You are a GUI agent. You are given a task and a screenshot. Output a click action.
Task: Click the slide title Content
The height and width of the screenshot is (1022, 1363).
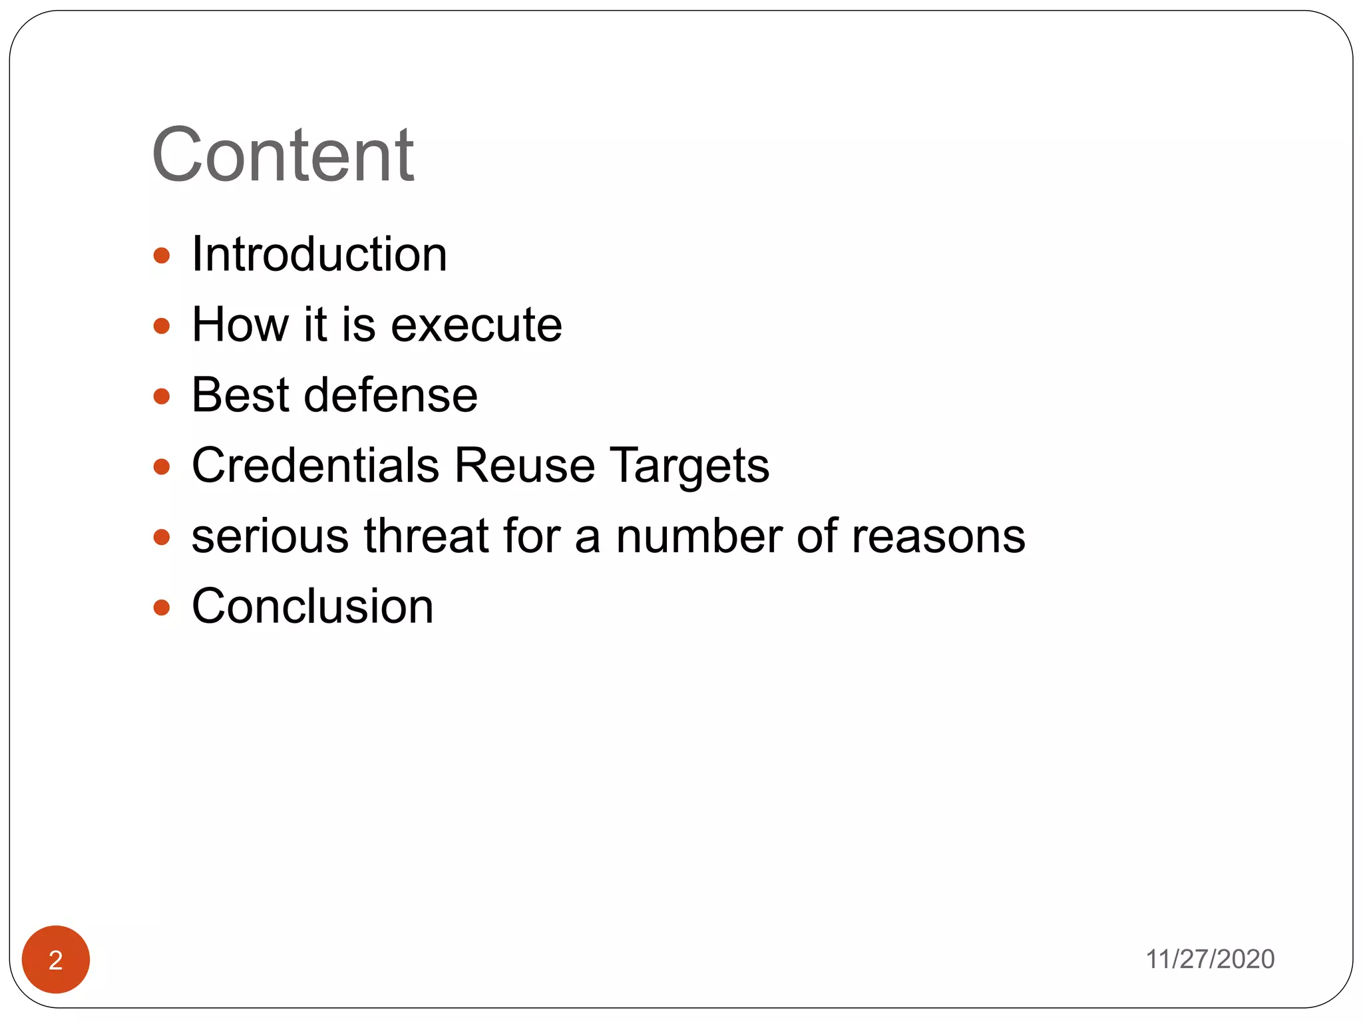pos(283,155)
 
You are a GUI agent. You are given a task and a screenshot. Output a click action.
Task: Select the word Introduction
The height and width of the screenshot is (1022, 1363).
pos(319,254)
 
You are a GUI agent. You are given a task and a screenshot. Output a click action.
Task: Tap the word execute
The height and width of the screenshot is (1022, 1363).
pos(477,325)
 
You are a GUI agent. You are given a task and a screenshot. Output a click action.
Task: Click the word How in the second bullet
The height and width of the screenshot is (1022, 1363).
pos(240,325)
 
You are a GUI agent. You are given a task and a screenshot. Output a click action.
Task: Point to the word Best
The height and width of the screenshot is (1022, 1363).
pos(240,395)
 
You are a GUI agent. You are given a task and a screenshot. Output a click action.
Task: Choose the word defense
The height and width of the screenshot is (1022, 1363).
pos(391,395)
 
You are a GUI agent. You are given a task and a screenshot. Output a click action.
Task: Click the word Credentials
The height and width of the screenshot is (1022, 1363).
pos(315,465)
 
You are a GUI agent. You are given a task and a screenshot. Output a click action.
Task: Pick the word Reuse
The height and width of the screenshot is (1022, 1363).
pos(524,465)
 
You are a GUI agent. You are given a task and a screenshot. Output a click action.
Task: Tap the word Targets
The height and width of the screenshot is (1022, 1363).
pos(690,466)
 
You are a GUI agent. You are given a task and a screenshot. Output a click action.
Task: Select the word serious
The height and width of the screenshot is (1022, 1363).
pos(270,536)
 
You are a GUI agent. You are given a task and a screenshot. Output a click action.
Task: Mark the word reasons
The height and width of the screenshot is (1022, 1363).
pos(938,537)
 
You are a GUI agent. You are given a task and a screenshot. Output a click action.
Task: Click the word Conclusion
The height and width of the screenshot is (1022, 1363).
pos(313,607)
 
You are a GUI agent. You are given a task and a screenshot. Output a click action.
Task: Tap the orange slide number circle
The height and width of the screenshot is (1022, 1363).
pos(56,959)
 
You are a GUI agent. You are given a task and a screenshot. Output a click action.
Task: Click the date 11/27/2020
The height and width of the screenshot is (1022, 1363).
pos(1209,959)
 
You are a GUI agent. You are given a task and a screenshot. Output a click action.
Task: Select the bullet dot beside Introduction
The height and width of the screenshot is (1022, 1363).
pos(162,255)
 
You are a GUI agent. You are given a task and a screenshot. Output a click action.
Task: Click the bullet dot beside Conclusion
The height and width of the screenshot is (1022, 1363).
pos(162,607)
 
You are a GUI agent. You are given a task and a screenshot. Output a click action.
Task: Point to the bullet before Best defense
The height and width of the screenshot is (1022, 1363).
pos(162,397)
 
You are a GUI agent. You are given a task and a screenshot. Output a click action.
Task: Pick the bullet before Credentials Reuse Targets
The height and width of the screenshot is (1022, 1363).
pos(162,466)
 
